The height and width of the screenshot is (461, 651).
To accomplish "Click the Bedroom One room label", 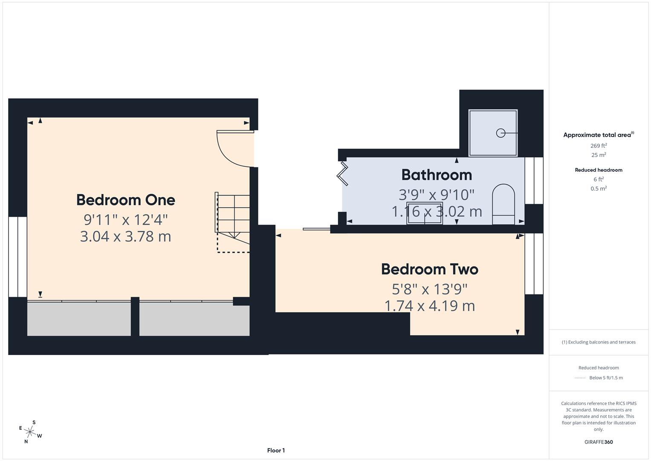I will [125, 200].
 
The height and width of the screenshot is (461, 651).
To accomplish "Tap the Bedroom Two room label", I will [429, 269].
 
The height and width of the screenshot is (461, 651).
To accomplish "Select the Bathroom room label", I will [437, 175].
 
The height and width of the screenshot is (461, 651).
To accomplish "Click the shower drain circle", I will [501, 133].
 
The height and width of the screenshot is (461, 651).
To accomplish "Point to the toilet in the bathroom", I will [503, 204].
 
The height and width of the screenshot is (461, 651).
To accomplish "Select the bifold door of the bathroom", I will [342, 173].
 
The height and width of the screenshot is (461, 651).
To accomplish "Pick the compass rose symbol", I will [30, 432].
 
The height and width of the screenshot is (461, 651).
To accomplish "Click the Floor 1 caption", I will [276, 450].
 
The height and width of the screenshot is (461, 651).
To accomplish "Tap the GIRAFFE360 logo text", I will [598, 442].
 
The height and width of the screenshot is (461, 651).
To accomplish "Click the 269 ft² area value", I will [599, 146].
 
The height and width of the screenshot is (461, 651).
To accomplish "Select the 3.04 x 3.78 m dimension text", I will [125, 236].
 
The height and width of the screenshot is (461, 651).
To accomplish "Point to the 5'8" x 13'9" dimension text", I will [429, 289].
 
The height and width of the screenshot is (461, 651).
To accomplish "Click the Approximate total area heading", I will [598, 135].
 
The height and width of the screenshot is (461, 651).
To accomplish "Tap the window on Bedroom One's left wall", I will [17, 257].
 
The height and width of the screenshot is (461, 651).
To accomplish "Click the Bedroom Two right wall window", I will [534, 263].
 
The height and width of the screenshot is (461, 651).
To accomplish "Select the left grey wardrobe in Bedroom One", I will [79, 319].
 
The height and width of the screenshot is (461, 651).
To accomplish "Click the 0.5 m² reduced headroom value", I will [599, 188].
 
